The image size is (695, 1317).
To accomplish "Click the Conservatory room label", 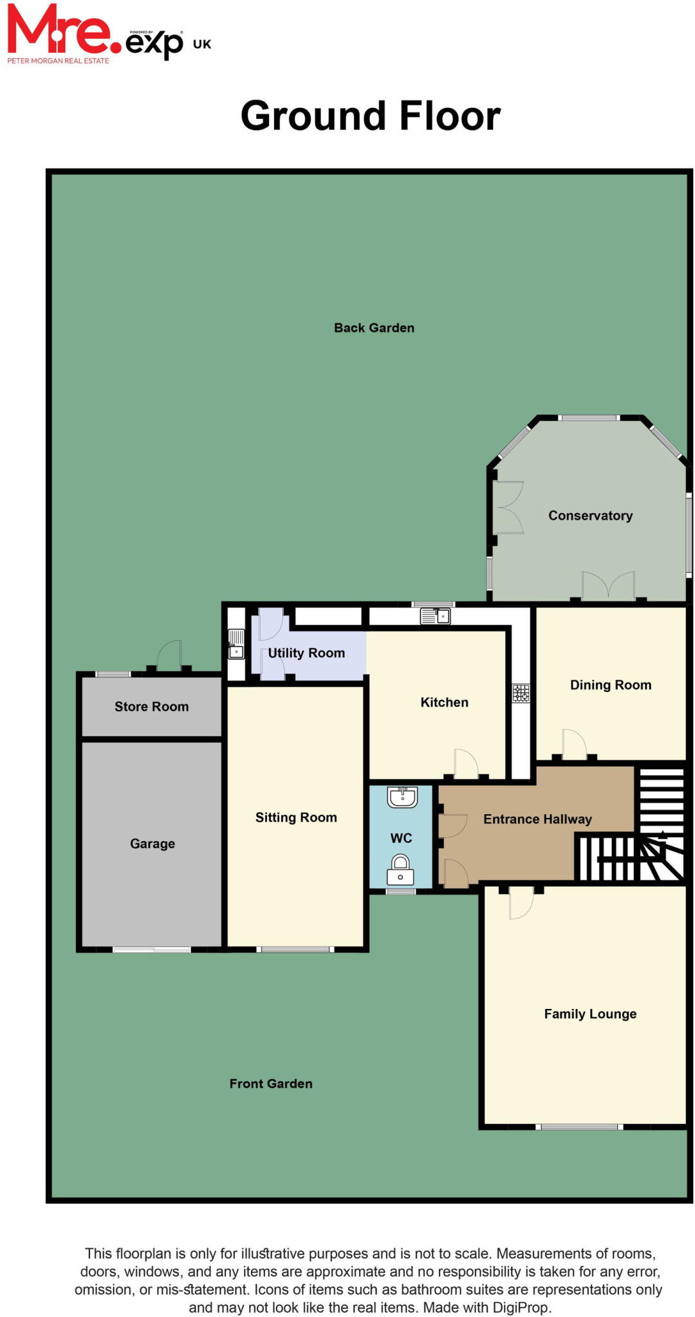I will click(x=590, y=516).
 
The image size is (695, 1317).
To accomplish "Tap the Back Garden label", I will click(x=374, y=328).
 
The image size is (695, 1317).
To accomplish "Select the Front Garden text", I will click(x=271, y=1084).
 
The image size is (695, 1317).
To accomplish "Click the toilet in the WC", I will click(x=400, y=870).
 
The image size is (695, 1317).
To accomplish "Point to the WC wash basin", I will click(x=402, y=797).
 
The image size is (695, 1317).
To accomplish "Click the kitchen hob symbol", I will click(x=521, y=693).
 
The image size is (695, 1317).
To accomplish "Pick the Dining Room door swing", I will click(x=574, y=745).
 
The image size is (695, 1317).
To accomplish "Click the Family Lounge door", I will click(x=521, y=902).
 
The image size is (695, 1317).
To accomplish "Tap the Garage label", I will click(x=153, y=844).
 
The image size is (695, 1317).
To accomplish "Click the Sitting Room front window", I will click(x=295, y=949).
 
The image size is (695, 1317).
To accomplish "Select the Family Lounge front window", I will click(x=579, y=1127).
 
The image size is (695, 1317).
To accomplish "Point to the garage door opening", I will click(x=152, y=949).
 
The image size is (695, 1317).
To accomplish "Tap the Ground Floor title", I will click(x=371, y=116).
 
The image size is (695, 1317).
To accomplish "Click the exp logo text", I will click(x=154, y=44).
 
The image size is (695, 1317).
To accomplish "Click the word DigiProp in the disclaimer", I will click(x=521, y=1307).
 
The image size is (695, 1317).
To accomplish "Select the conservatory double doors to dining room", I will click(x=608, y=586).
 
